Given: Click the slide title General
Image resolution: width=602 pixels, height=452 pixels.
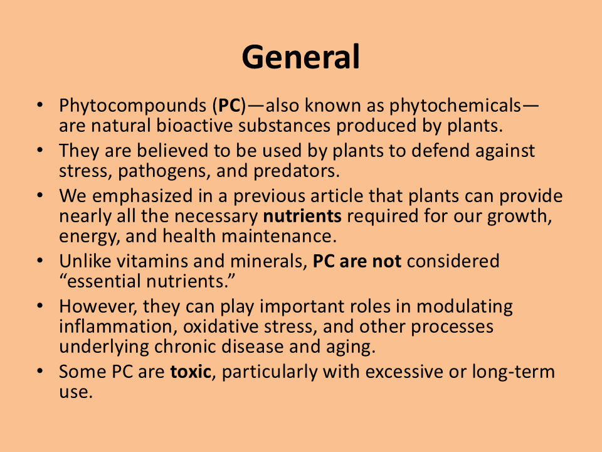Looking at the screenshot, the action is click(x=300, y=57).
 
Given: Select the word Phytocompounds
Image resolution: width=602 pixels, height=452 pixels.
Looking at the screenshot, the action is click(x=133, y=105).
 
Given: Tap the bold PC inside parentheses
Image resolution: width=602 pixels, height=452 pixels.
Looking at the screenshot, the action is click(x=230, y=105).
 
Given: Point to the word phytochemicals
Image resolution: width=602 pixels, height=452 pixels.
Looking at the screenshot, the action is click(x=455, y=105).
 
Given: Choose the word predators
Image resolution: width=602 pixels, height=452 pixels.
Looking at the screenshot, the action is click(x=297, y=171).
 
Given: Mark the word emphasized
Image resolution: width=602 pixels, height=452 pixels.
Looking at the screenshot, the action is click(x=142, y=196).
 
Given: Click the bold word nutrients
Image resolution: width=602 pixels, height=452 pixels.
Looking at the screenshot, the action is click(x=302, y=216).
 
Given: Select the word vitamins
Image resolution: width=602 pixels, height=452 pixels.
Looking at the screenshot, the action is click(x=152, y=261).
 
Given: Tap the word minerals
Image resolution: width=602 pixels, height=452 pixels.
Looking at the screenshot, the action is click(x=269, y=261).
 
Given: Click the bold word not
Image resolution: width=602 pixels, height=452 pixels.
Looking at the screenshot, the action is click(x=387, y=261).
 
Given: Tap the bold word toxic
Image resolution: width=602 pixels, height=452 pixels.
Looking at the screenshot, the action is click(x=191, y=372).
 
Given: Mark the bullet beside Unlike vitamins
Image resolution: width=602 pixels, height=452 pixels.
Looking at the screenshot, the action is click(x=40, y=261).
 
